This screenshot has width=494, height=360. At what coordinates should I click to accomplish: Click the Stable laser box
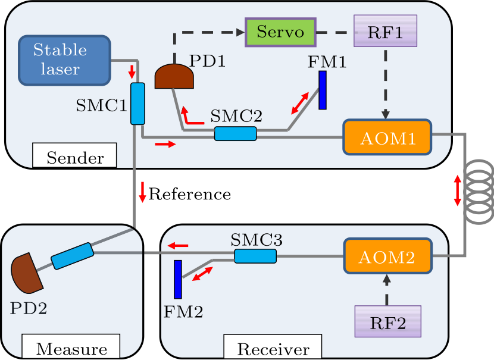tap(65, 60)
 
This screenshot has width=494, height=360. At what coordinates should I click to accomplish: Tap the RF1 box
tap(385, 31)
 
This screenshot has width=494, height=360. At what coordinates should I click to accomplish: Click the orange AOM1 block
tap(387, 138)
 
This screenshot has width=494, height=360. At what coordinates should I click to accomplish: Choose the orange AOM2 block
tap(387, 257)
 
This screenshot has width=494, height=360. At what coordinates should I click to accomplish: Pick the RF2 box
tap(387, 324)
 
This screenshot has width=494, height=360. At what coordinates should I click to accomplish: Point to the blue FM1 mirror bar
tap(323, 90)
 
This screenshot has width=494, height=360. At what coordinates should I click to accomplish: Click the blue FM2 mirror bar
tap(177, 279)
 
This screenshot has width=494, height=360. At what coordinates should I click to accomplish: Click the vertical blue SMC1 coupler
tap(137, 104)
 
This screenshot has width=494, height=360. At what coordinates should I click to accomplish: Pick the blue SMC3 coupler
tap(255, 256)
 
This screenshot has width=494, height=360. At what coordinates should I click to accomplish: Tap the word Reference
tap(189, 194)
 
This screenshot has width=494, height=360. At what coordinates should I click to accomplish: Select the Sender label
tap(74, 158)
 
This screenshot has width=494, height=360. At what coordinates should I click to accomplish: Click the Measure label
tap(71, 349)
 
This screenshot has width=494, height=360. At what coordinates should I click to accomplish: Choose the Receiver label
tap(273, 349)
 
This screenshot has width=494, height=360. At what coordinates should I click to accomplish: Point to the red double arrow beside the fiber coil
tap(457, 190)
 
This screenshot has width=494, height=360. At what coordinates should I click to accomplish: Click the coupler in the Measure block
tap(72, 256)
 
